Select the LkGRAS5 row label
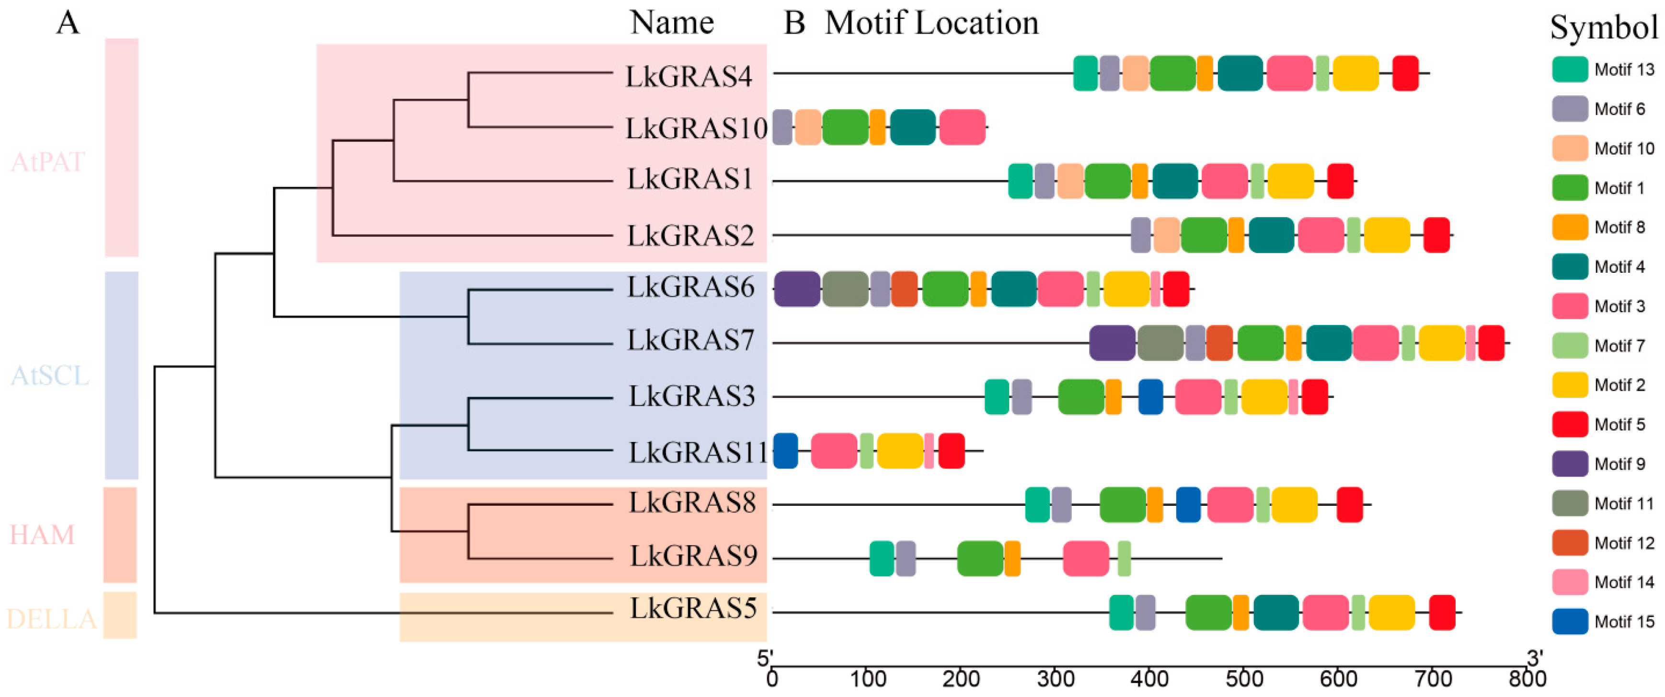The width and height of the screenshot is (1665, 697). click(x=693, y=608)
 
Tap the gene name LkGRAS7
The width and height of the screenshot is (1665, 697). click(x=690, y=340)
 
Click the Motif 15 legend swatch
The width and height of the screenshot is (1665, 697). click(x=1569, y=621)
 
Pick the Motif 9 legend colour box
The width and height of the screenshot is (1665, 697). click(x=1569, y=464)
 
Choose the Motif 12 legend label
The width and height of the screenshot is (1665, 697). click(x=1624, y=543)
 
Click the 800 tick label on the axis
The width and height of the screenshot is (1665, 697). click(x=1527, y=679)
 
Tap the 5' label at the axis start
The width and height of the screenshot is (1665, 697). click(x=765, y=658)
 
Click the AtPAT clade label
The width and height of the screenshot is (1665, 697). click(x=48, y=162)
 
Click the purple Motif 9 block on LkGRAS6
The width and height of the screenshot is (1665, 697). click(x=796, y=289)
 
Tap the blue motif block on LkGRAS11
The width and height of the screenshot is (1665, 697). click(x=785, y=451)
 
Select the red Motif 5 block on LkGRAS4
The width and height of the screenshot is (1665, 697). click(x=1405, y=73)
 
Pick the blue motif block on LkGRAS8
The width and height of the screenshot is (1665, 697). click(x=1188, y=504)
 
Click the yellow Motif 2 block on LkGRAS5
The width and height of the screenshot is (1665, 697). click(x=1391, y=612)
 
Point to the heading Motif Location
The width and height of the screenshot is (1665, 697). click(x=931, y=23)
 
